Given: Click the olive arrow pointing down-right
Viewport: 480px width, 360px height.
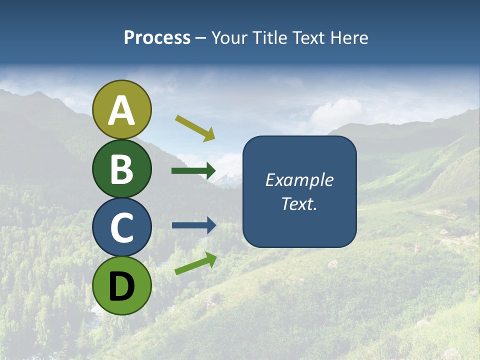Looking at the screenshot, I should (x=195, y=128).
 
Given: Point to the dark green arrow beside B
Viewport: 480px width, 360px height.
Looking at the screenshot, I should (x=193, y=171).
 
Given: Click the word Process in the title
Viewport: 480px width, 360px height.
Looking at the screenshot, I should (x=157, y=38).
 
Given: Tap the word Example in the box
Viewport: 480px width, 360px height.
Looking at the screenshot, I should (x=299, y=180).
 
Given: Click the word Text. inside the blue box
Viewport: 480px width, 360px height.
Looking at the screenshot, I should (x=299, y=204).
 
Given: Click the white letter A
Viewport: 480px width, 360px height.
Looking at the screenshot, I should (x=121, y=111).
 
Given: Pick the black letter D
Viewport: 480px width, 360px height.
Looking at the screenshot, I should (x=121, y=286).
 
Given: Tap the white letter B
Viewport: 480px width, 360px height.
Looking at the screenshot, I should (x=121, y=169).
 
